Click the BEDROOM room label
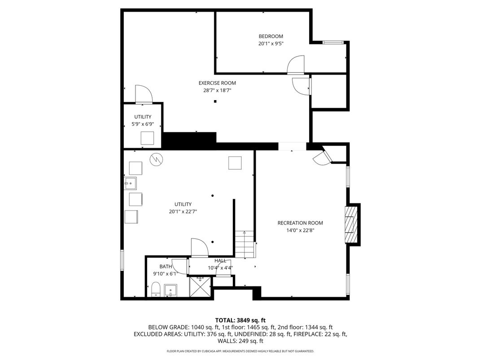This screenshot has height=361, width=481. tap(271, 36)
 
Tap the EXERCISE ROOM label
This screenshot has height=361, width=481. tap(217, 83)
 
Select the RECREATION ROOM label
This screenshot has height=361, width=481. tap(300, 223)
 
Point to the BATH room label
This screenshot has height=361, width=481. tap(165, 266)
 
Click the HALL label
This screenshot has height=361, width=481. tap(220, 261)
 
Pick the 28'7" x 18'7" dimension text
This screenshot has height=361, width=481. tap(217, 90)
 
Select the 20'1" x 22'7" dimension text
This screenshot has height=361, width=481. tap(183, 211)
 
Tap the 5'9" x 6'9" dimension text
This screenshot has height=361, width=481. tap(142, 124)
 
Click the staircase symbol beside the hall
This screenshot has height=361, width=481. tap(245, 245)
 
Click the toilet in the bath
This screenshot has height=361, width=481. tap(155, 290)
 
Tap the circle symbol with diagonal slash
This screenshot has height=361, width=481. tap(156, 159)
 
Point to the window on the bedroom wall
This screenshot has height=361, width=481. tap(333, 43)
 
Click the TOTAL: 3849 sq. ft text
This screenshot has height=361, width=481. tap(240, 320)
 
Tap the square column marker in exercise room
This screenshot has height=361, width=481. tap(215, 101)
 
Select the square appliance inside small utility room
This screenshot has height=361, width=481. tap(147, 138)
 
